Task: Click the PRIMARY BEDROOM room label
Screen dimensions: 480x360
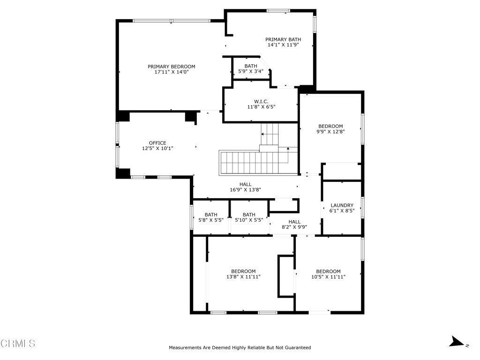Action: click(x=172, y=67)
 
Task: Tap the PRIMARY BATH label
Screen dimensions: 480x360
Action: click(x=283, y=39)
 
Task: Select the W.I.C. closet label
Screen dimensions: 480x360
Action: click(x=261, y=101)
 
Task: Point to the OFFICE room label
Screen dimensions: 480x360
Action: click(x=157, y=143)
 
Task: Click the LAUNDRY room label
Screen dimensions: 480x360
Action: click(x=342, y=205)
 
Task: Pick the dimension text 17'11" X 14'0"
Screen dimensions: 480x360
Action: click(x=172, y=72)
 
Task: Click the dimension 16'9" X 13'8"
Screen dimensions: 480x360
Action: click(x=246, y=190)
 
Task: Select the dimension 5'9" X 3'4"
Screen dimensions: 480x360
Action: click(x=251, y=72)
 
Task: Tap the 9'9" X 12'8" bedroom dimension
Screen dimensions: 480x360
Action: click(x=330, y=132)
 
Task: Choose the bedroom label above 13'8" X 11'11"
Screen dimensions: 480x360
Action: click(x=243, y=271)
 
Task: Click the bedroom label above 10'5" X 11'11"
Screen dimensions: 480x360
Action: click(x=329, y=271)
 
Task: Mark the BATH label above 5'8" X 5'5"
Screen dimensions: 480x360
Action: click(x=211, y=215)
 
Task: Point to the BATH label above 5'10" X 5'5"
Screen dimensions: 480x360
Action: click(x=249, y=215)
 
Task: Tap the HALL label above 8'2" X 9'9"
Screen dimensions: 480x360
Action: click(x=294, y=222)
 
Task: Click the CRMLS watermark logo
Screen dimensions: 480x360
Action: click(x=18, y=344)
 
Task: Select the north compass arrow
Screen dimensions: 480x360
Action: click(x=457, y=342)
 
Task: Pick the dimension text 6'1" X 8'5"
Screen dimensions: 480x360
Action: click(x=342, y=211)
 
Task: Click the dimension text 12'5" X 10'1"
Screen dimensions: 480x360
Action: click(x=157, y=149)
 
